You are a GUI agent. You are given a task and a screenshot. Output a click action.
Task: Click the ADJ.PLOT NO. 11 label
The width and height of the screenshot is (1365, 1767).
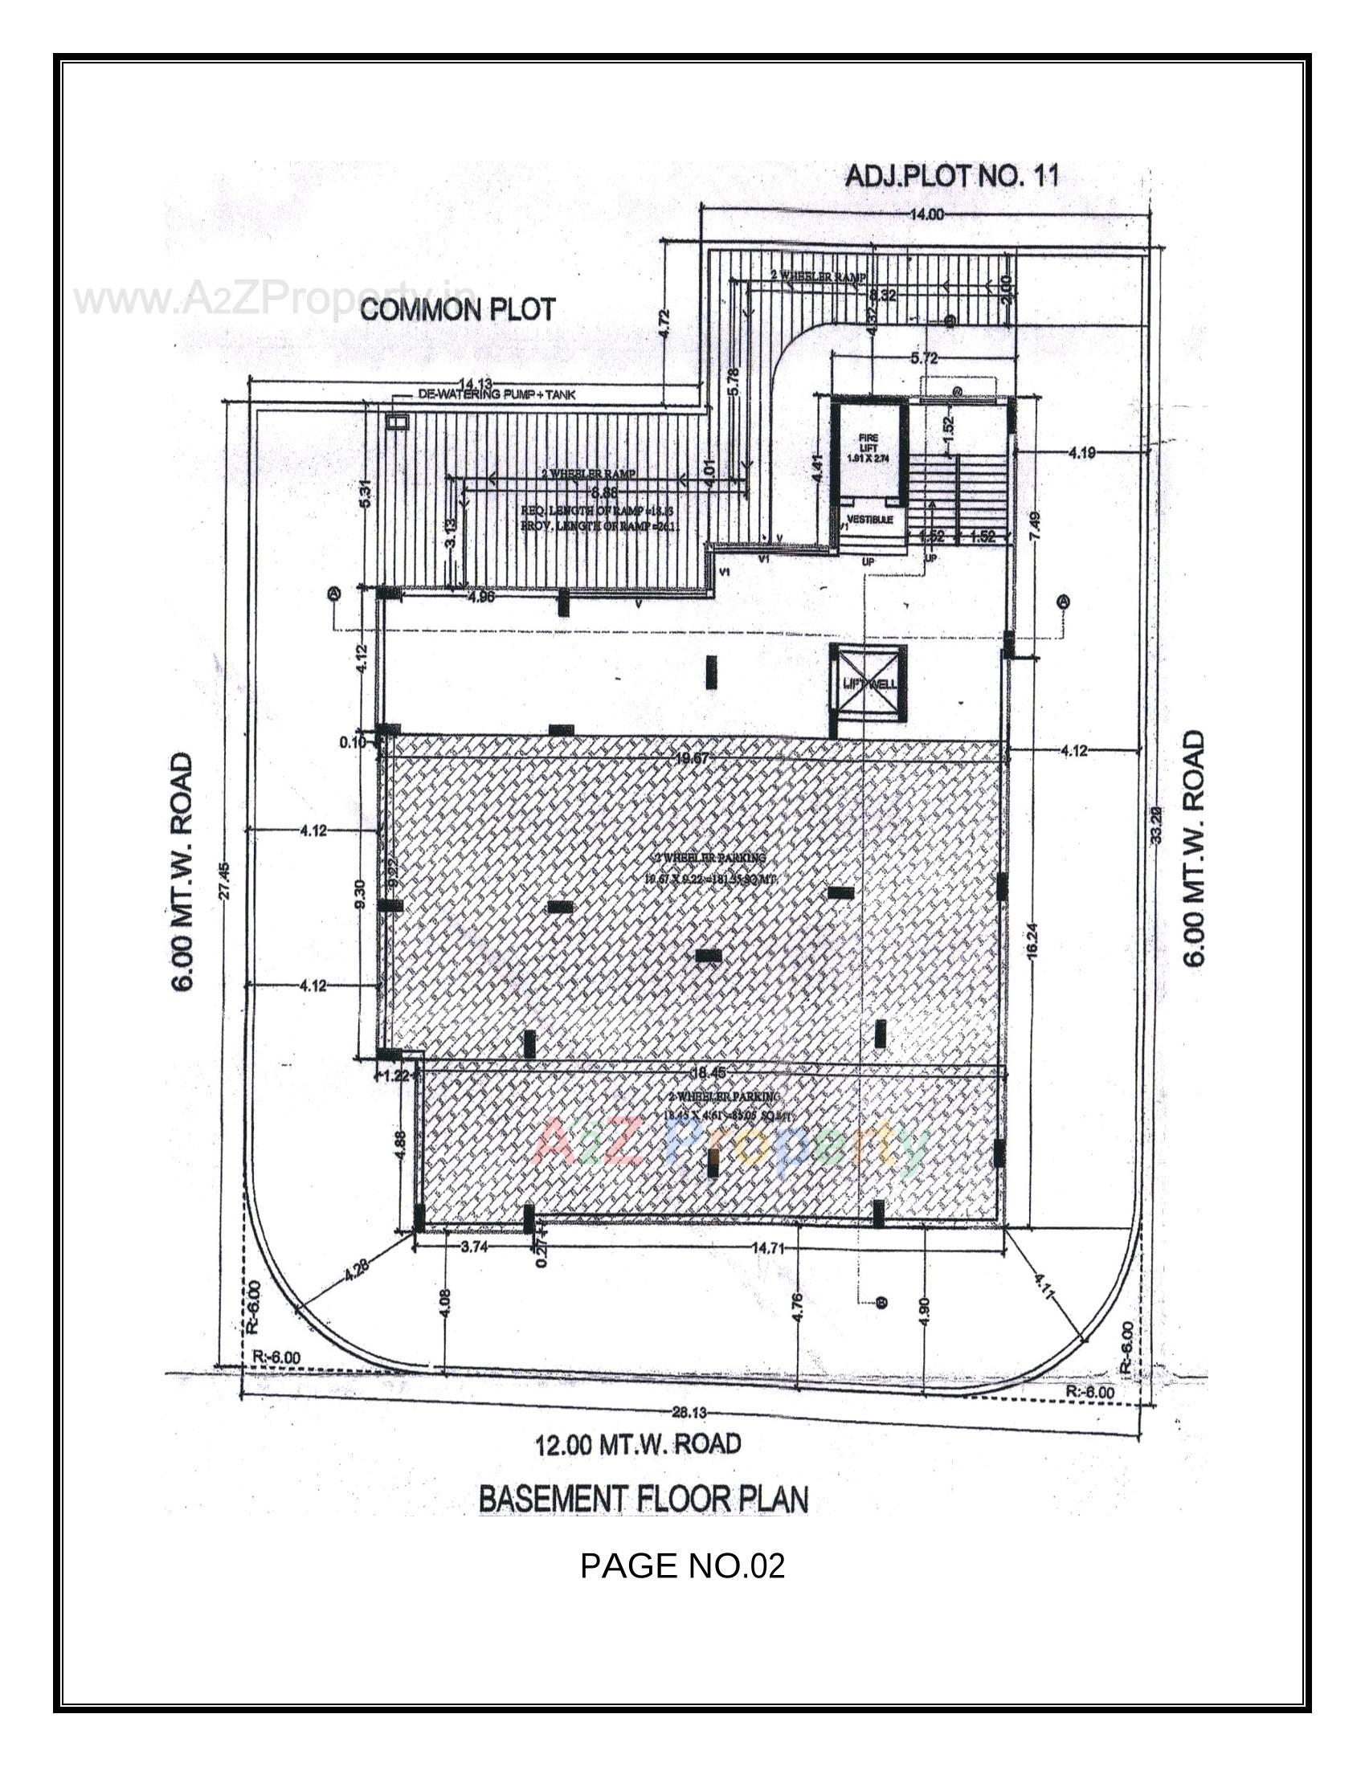coord(951,177)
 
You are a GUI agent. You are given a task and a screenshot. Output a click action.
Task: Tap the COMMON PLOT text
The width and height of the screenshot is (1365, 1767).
coord(458,309)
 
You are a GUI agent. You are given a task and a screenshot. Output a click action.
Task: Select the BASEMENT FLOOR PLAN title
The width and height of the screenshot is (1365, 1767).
coord(644,1499)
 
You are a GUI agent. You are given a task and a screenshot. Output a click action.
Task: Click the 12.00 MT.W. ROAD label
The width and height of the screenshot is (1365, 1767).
coord(638,1443)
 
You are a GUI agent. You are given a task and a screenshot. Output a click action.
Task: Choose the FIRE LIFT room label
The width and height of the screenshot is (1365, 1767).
coord(868,447)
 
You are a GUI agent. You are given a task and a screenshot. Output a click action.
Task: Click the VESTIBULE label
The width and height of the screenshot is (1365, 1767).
coord(870,519)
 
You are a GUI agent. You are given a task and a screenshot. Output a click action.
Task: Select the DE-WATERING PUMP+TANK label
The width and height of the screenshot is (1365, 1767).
coord(497,396)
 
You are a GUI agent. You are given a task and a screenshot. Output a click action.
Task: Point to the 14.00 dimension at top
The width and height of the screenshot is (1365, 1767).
coord(926,214)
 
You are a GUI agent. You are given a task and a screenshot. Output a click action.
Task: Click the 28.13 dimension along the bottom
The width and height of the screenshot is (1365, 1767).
coord(689,1413)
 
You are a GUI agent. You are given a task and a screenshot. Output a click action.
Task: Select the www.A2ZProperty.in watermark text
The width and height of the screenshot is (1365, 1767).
coord(275,300)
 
